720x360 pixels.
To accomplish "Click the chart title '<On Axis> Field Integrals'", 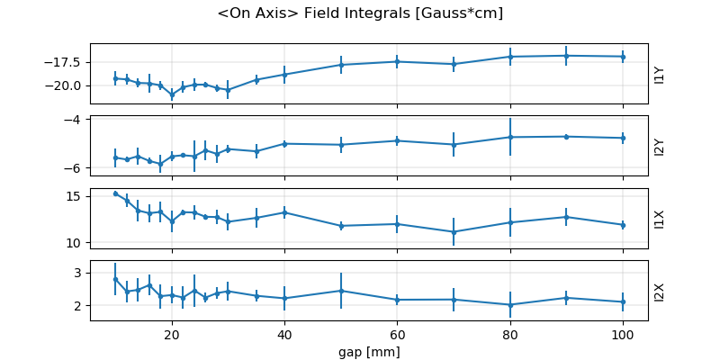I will pos(360,13).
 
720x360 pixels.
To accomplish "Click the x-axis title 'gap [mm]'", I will pos(369,351).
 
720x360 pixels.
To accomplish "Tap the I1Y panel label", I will pos(660,74).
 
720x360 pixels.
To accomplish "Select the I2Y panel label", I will pos(660,146).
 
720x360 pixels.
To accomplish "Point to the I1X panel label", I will pos(660,218).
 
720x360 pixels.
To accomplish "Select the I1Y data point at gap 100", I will pos(623,57).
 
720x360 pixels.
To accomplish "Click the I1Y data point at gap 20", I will pos(172,94).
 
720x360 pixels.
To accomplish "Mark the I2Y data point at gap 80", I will pos(510,137).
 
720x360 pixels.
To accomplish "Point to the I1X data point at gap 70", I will pos(454,232).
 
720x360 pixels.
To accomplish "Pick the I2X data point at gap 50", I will pos(341,291).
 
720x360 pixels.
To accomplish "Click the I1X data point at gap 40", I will pos(284,212).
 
